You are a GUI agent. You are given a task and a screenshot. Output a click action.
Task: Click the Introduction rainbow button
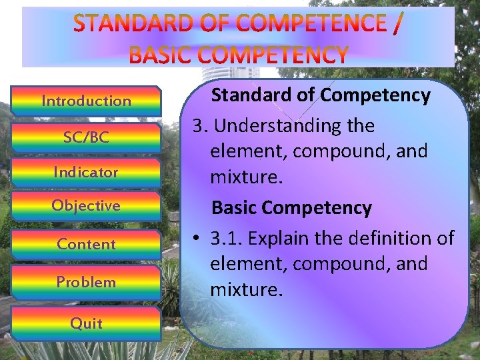pyautogui.click(x=86, y=101)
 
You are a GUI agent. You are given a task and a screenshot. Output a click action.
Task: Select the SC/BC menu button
pyautogui.click(x=86, y=137)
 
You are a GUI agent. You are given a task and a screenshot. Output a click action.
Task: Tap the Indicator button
pyautogui.click(x=86, y=172)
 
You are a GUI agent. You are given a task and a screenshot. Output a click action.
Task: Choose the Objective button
pyautogui.click(x=86, y=206)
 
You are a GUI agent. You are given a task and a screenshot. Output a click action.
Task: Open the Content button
pyautogui.click(x=86, y=244)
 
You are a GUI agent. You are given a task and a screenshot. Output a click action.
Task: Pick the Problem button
pyautogui.click(x=86, y=282)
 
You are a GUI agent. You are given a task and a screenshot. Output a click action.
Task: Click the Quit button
pyautogui.click(x=86, y=324)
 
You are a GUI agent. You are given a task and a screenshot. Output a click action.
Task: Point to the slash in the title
pyautogui.click(x=397, y=24)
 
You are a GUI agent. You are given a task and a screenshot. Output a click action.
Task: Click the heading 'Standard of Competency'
pyautogui.click(x=321, y=96)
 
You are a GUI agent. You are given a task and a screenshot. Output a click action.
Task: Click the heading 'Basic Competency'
pyautogui.click(x=291, y=208)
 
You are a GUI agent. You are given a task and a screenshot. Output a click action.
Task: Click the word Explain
pyautogui.click(x=280, y=238)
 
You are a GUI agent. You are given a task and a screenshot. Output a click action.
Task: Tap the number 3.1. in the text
pyautogui.click(x=227, y=238)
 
